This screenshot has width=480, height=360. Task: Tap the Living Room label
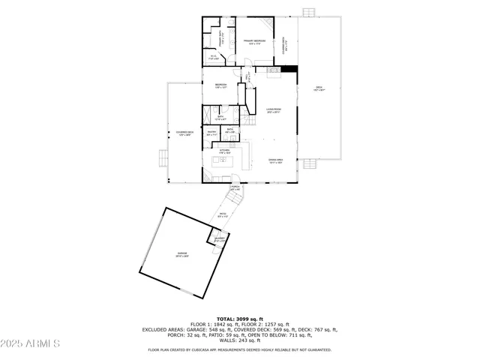click(273, 111)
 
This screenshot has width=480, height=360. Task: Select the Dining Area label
click(275, 160)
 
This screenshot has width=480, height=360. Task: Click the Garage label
click(182, 255)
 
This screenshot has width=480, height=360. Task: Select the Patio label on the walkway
click(223, 216)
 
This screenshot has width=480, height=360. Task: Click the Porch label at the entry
click(235, 188)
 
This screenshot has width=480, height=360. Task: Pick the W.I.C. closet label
click(214, 57)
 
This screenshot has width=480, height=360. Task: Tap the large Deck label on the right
click(319, 88)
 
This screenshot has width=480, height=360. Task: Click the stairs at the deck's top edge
click(308, 13)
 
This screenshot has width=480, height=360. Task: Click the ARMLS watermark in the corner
click(30, 343)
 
